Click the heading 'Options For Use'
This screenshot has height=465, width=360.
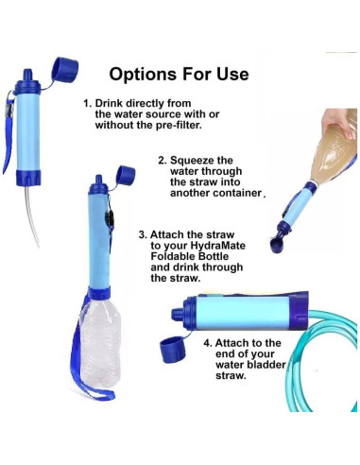[x=179, y=74]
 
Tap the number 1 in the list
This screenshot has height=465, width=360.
[x=87, y=104]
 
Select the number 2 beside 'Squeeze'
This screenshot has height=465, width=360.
[x=162, y=161]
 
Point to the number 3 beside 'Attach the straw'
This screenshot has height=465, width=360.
[x=142, y=232]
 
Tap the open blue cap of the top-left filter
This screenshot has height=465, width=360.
[x=65, y=71]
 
